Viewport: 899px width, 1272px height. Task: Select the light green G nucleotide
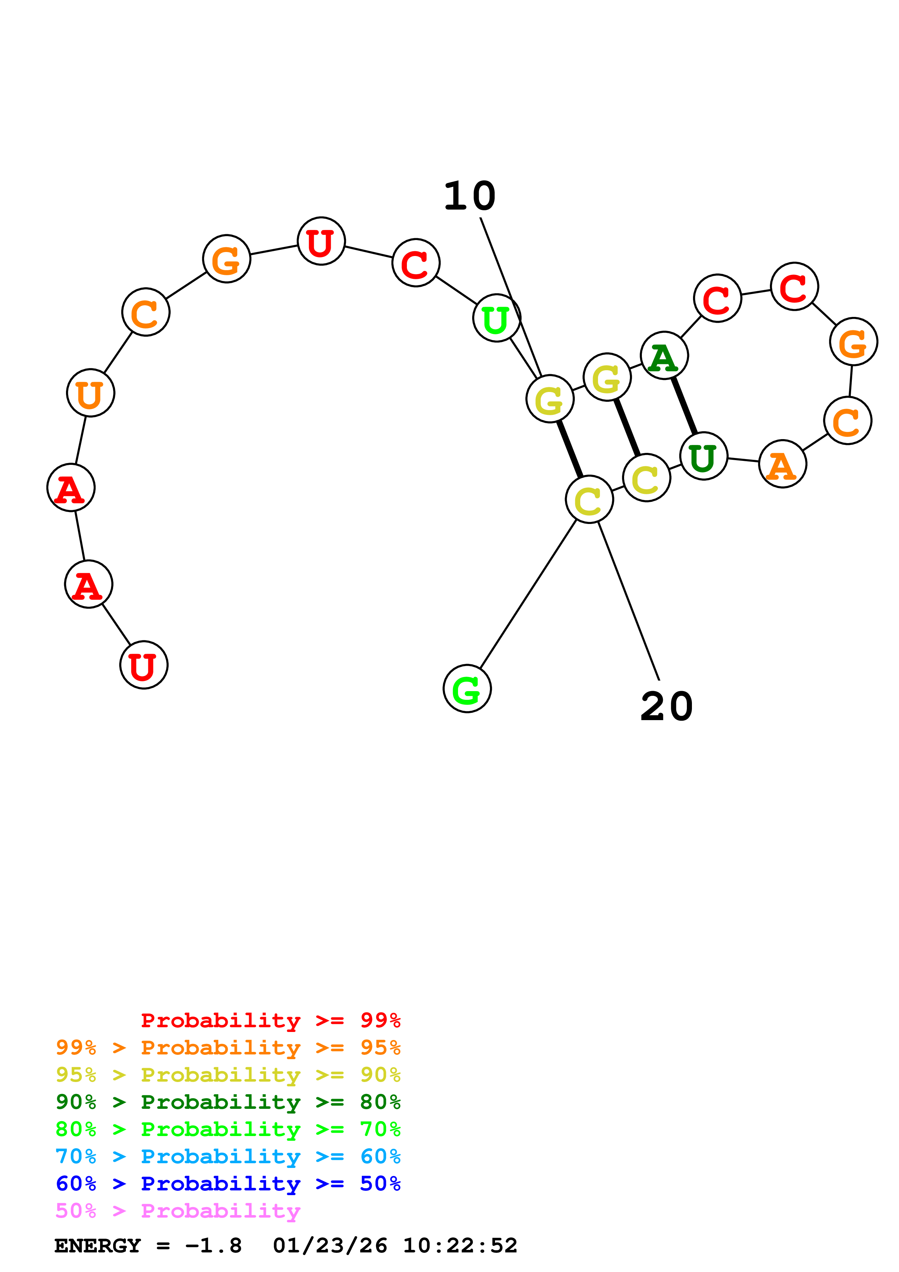pyautogui.click(x=467, y=688)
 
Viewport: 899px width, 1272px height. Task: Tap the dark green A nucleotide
pyautogui.click(x=664, y=356)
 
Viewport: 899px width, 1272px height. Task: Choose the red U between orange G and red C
pyautogui.click(x=321, y=241)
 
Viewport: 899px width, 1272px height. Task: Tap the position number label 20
pyautogui.click(x=666, y=707)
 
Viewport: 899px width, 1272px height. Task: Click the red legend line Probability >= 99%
pyautogui.click(x=270, y=1020)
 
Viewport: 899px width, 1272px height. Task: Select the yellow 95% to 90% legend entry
pyautogui.click(x=228, y=1075)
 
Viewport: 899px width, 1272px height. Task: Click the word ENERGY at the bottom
pyautogui.click(x=98, y=1246)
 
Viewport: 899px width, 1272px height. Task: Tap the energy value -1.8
pyautogui.click(x=214, y=1246)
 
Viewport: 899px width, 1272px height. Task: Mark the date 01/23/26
pyautogui.click(x=330, y=1246)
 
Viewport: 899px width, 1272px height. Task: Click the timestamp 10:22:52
pyautogui.click(x=460, y=1246)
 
